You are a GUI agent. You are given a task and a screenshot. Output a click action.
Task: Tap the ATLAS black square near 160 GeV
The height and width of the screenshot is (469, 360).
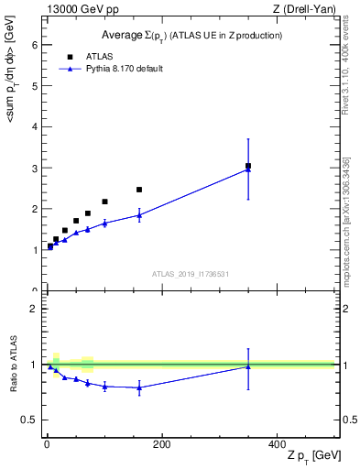(139, 190)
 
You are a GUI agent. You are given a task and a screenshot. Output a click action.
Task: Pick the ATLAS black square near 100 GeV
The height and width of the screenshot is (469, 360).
(104, 202)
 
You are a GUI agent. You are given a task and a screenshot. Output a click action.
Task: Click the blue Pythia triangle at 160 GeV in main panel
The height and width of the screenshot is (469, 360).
(139, 215)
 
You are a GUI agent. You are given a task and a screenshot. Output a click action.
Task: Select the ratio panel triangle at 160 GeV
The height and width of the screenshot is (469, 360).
(139, 387)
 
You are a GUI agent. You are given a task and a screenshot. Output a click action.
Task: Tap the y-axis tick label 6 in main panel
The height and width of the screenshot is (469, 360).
(34, 45)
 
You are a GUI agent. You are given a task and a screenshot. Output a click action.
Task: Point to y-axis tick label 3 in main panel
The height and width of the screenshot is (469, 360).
(34, 169)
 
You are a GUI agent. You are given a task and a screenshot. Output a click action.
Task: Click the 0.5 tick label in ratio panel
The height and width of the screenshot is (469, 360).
(29, 420)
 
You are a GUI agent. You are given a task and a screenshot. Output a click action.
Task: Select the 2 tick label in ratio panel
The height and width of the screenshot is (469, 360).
(34, 309)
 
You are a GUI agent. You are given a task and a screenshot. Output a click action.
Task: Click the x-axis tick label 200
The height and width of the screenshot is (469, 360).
(161, 444)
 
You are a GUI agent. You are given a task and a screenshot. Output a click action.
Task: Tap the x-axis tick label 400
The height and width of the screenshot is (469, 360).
(277, 444)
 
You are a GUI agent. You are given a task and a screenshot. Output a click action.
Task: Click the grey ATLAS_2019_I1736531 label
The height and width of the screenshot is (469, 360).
(190, 274)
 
